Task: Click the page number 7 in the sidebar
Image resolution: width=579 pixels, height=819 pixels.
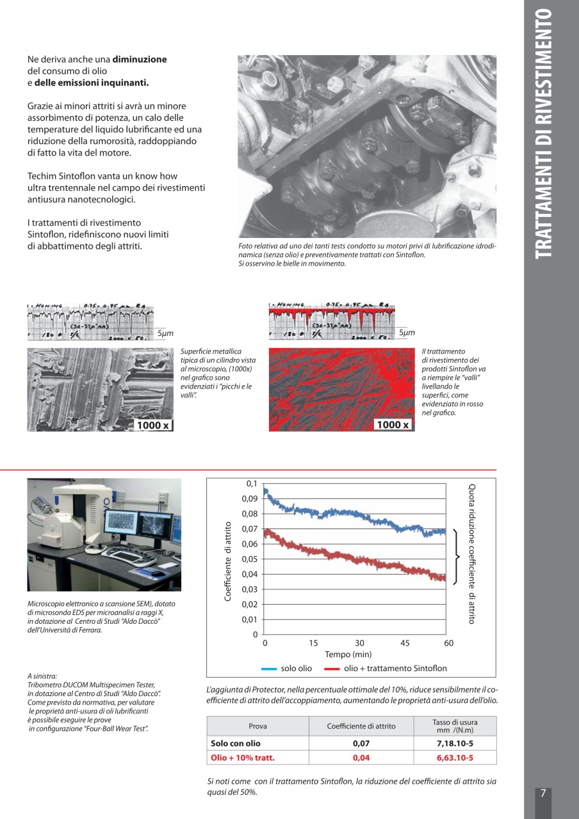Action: (542, 793)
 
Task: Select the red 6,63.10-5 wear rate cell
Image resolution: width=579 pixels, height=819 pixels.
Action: (455, 758)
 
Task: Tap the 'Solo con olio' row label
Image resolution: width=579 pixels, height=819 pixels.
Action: (236, 743)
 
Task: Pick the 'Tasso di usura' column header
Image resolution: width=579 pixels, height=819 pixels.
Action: (455, 726)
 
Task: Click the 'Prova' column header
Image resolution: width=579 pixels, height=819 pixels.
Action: (257, 726)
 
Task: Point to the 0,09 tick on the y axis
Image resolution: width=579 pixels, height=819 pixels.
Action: (249, 498)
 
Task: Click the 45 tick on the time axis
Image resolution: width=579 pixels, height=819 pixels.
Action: (404, 643)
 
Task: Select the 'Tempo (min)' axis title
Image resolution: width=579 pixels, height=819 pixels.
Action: (348, 655)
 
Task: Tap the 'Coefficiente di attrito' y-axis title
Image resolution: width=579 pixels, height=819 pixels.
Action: (228, 561)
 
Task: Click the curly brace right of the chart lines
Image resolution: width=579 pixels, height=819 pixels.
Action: (457, 557)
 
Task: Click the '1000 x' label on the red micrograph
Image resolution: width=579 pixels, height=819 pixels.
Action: (393, 425)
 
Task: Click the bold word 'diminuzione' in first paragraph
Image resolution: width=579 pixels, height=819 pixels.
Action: (140, 60)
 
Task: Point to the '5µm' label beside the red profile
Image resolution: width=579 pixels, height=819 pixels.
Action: (407, 333)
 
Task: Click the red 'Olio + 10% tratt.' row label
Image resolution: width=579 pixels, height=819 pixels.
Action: (243, 758)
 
